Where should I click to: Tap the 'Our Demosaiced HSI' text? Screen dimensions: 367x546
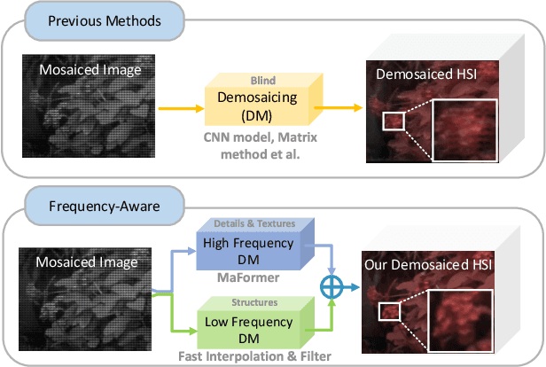coord(426,264)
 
